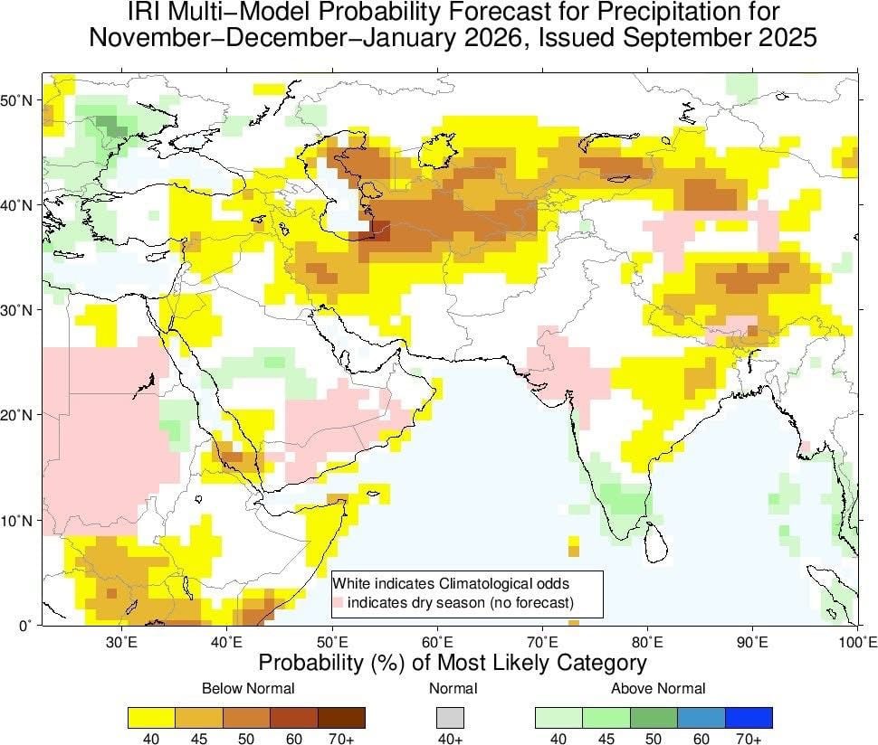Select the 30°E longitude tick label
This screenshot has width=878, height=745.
coord(121,642)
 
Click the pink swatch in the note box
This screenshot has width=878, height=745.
coord(339,602)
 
